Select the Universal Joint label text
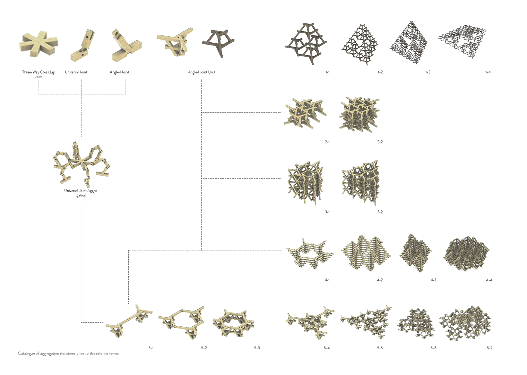[x=76, y=72]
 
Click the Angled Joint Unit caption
[x=201, y=72]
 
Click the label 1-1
[x=327, y=72]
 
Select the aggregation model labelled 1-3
[x=409, y=43]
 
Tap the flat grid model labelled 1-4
[x=462, y=41]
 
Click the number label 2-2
[x=380, y=142]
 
